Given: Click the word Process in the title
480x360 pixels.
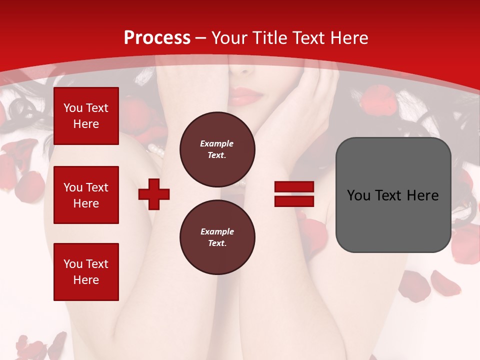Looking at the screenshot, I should (x=157, y=38).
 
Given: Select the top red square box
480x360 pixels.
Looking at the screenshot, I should (x=86, y=116).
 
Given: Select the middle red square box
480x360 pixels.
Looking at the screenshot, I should (x=86, y=195).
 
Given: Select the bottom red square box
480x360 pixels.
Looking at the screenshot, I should (x=86, y=272).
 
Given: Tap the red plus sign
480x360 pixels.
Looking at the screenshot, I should (x=154, y=194).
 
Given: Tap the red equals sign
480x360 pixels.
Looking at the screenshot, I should (x=294, y=194).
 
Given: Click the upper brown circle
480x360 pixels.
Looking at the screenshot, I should (x=217, y=149).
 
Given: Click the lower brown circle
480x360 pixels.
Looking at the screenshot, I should (x=217, y=237).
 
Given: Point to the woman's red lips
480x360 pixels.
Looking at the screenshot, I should (x=245, y=95).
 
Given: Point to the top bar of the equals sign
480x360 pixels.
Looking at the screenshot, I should (x=294, y=187).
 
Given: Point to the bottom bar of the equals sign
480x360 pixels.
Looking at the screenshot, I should (x=294, y=201).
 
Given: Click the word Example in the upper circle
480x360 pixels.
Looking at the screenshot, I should (x=216, y=143).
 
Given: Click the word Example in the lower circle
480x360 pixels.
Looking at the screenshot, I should (x=217, y=231).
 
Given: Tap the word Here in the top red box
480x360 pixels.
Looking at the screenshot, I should (x=86, y=124).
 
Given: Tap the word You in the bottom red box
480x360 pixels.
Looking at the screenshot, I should (x=73, y=264).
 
